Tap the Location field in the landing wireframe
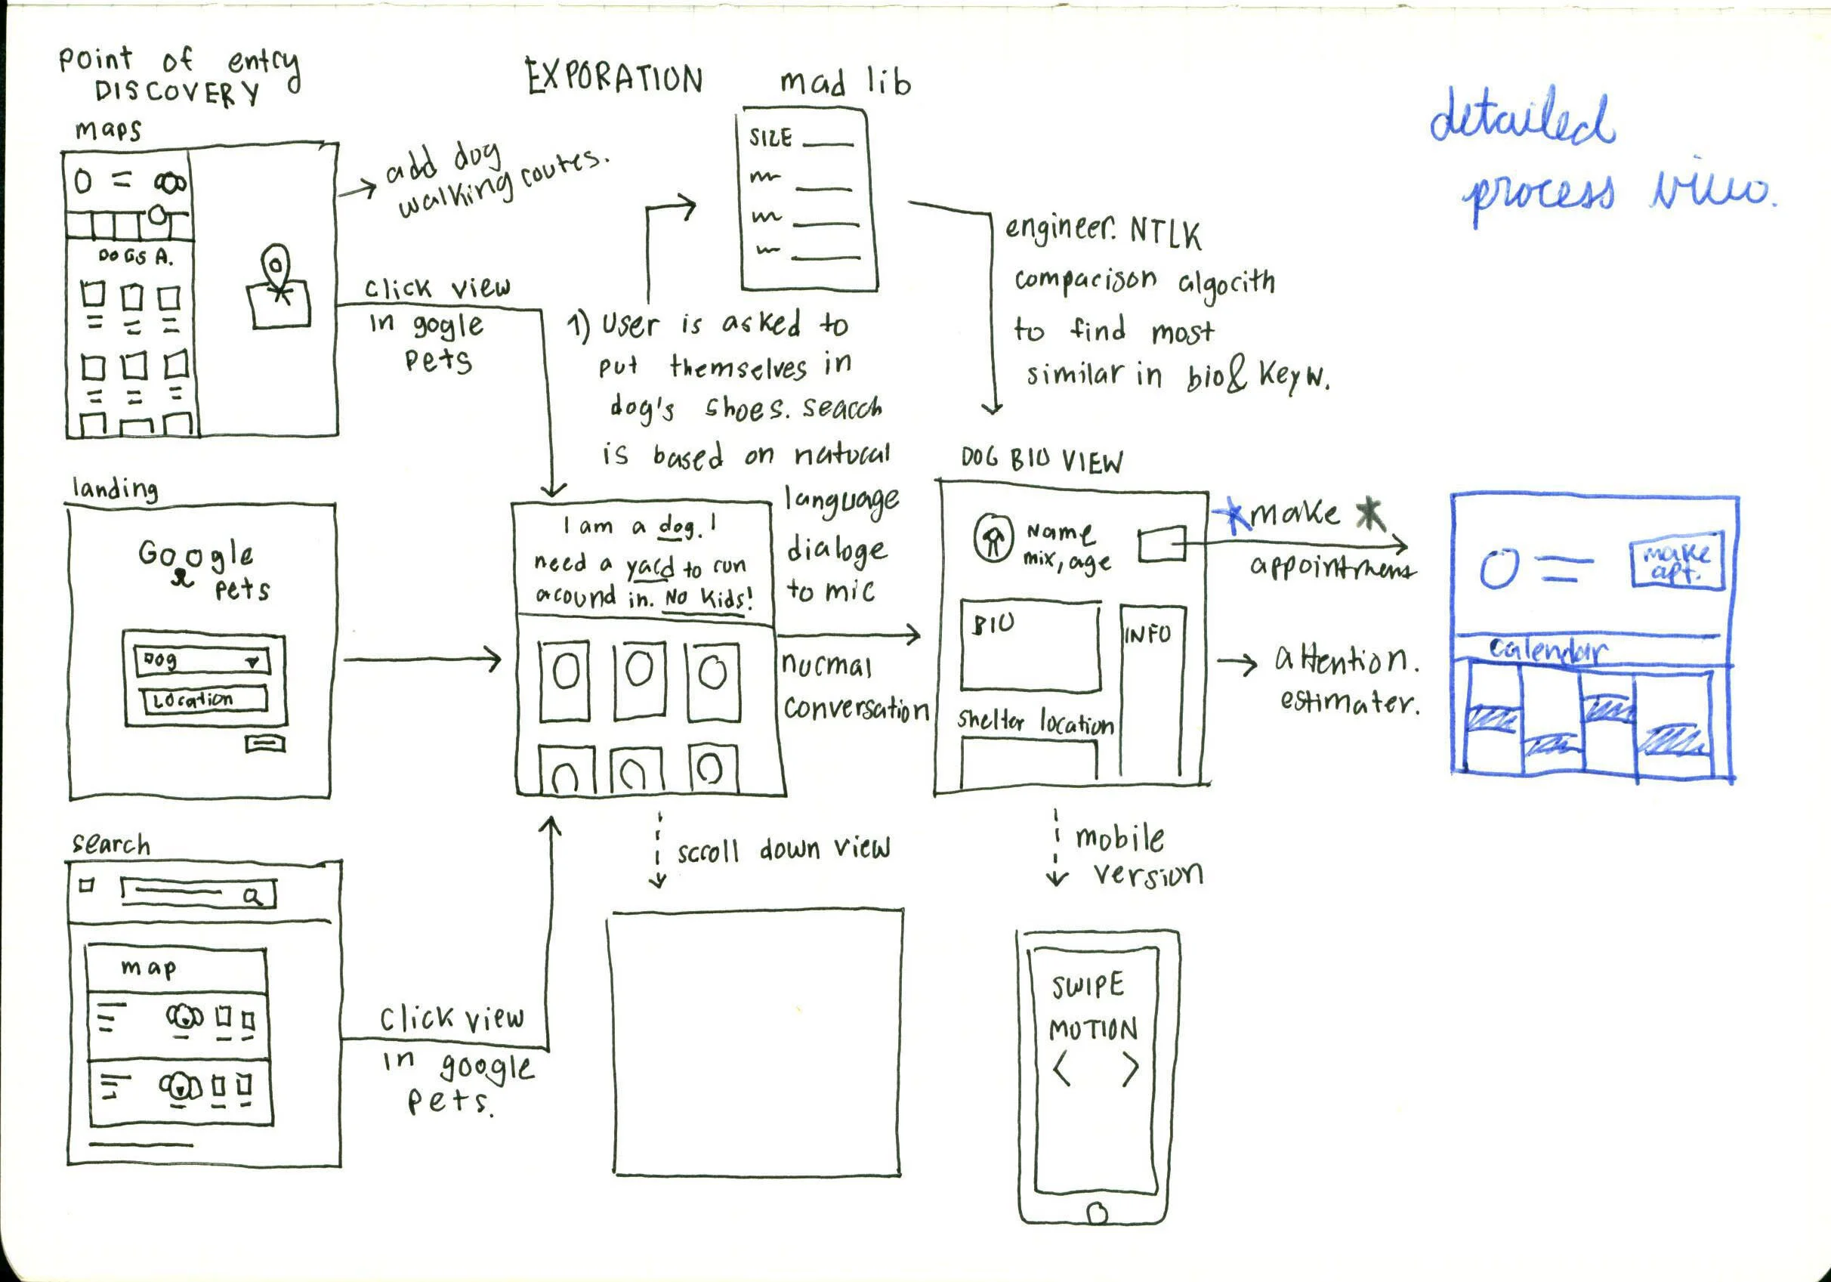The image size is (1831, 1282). point(204,700)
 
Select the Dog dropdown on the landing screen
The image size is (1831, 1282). point(202,660)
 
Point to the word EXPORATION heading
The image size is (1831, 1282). point(614,78)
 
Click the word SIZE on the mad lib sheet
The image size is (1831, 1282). point(770,138)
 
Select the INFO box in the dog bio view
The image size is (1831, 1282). point(1152,690)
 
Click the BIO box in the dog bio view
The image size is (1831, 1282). point(1030,646)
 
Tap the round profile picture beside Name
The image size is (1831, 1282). point(993,539)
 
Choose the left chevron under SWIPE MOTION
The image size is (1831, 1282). point(1062,1069)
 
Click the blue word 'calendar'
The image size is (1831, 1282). point(1547,650)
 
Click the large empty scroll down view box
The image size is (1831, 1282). point(756,1042)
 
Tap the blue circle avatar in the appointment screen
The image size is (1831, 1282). point(1499,569)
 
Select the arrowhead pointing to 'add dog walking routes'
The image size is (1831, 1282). point(368,188)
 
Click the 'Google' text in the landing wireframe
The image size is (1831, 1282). point(196,553)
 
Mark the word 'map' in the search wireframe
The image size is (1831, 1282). point(148,968)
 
